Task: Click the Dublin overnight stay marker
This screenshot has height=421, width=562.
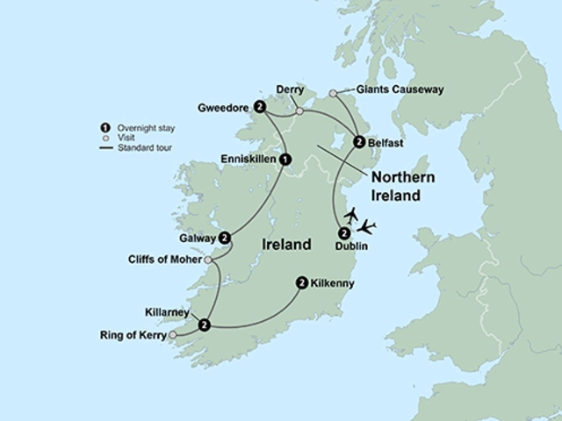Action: click(x=343, y=233)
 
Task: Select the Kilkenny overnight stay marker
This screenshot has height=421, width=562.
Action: click(x=302, y=282)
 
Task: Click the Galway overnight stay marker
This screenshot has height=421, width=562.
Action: click(x=225, y=237)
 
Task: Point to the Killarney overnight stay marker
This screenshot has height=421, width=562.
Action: click(x=204, y=325)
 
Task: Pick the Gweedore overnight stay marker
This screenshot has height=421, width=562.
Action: click(x=259, y=107)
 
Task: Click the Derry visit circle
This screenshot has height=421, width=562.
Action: click(x=299, y=111)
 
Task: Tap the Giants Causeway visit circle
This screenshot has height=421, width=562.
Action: click(x=333, y=93)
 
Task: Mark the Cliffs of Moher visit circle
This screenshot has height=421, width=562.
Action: click(x=208, y=260)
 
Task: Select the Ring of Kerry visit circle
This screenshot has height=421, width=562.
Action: click(x=172, y=335)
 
